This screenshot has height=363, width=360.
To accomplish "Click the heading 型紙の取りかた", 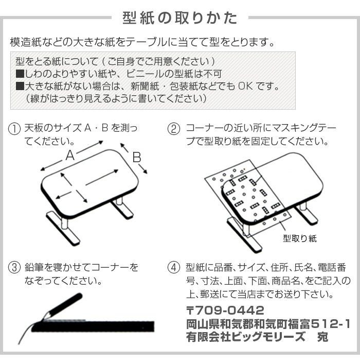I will [179, 18].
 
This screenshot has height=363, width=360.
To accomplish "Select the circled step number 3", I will [15, 268].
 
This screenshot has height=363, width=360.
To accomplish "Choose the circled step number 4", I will [175, 268].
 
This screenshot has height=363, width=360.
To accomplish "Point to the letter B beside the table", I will [137, 158].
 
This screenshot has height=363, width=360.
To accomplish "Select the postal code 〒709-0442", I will [225, 311].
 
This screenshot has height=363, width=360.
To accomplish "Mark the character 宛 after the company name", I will [322, 337].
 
